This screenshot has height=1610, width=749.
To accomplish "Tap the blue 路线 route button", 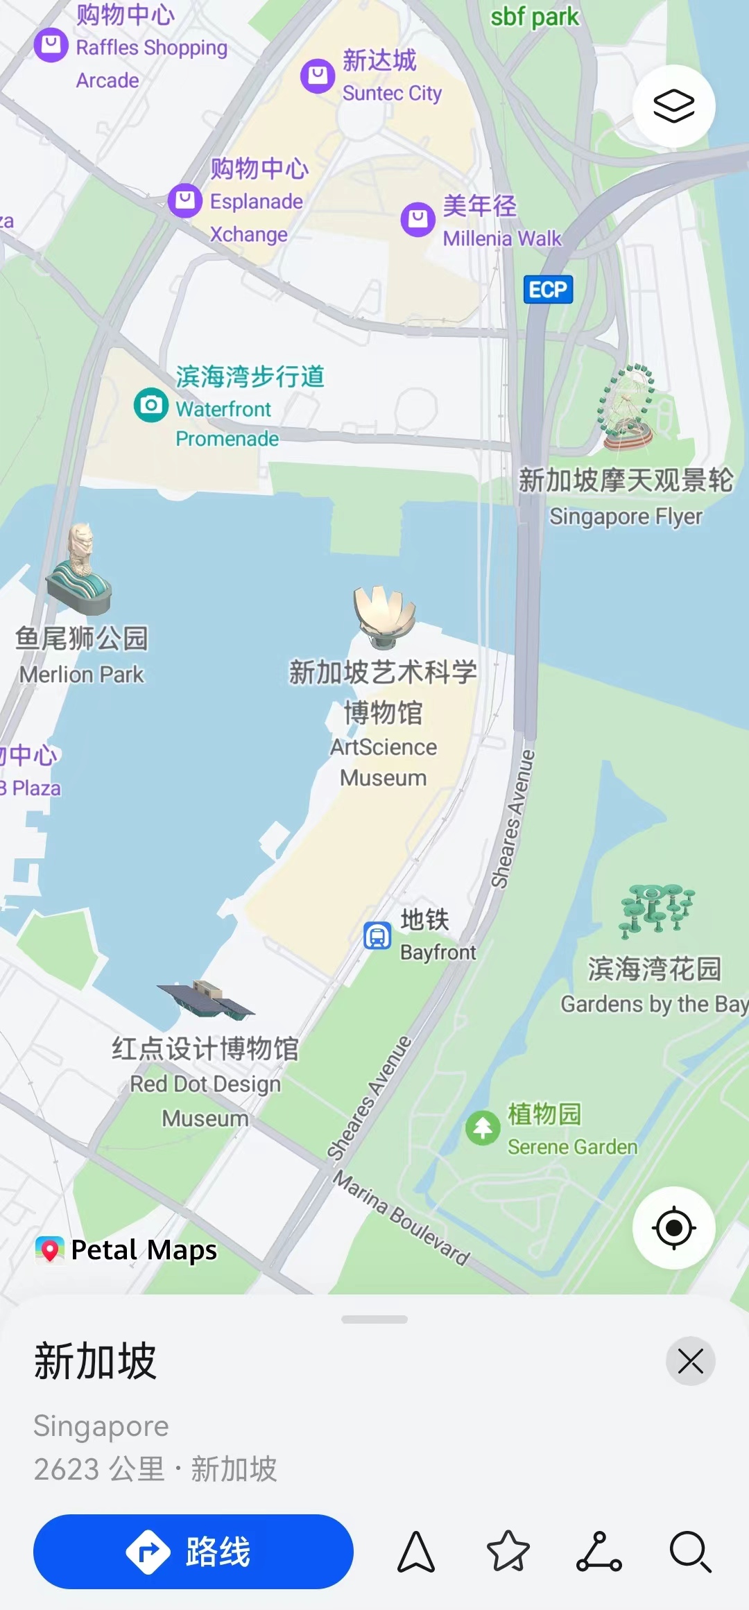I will pyautogui.click(x=193, y=1551).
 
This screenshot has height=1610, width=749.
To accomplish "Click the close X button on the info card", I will pyautogui.click(x=690, y=1361).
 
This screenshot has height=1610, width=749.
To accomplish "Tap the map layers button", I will pyautogui.click(x=673, y=106).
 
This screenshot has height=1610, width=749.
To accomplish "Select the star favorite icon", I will pyautogui.click(x=508, y=1551).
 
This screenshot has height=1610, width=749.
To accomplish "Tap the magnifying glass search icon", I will pyautogui.click(x=691, y=1551).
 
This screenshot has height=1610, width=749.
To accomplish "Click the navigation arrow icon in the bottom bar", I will pyautogui.click(x=416, y=1551).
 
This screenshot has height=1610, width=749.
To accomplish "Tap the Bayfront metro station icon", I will pyautogui.click(x=378, y=935).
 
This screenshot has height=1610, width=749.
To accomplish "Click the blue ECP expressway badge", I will pyautogui.click(x=548, y=289).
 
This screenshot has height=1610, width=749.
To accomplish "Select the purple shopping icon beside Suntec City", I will pyautogui.click(x=318, y=76).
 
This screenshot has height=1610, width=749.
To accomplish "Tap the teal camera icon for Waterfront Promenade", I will pyautogui.click(x=151, y=405).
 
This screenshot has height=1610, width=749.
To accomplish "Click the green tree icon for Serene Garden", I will pyautogui.click(x=483, y=1128).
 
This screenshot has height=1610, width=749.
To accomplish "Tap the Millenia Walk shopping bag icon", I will pyautogui.click(x=418, y=219).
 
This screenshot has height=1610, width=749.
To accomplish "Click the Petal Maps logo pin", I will pyautogui.click(x=50, y=1249).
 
